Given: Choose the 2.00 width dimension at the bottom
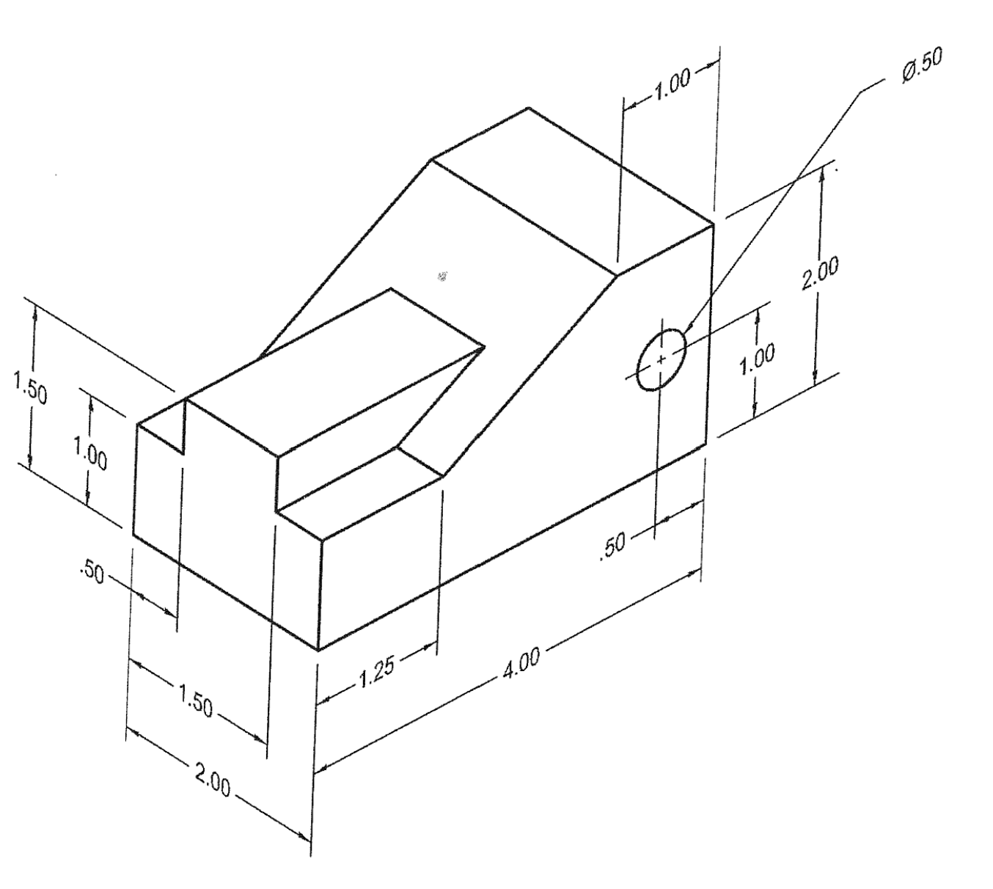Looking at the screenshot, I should click(x=213, y=780).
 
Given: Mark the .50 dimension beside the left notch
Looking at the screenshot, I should click(x=89, y=571).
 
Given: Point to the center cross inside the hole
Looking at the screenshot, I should click(x=662, y=359).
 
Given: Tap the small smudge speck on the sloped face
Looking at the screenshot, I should click(x=441, y=277).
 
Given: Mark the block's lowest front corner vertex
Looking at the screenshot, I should click(x=319, y=649).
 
